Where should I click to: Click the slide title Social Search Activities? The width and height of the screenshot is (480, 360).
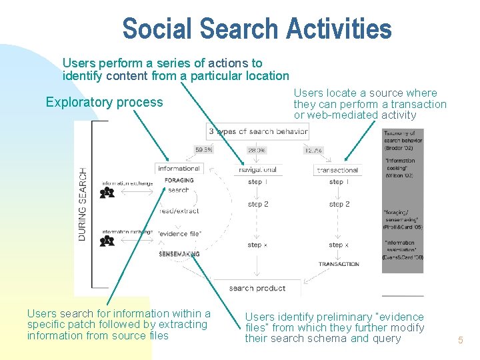[x=257, y=29]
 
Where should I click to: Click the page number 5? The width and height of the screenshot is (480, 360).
[x=460, y=341]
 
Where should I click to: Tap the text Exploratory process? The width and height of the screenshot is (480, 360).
[x=104, y=102]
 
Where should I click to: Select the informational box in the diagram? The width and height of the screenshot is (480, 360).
[x=179, y=169]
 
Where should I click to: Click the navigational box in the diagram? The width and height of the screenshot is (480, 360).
[x=257, y=169]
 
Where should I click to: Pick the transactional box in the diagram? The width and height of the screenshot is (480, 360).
[x=338, y=170]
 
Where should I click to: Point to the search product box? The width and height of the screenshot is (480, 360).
[x=257, y=288]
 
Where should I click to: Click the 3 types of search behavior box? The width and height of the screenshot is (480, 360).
[x=257, y=131]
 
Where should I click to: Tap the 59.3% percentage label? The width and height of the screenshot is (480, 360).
[x=204, y=150]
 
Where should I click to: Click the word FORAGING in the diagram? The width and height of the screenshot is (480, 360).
[x=179, y=180]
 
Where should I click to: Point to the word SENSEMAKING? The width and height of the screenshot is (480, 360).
[x=179, y=254]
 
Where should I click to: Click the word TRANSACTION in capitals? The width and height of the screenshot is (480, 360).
[x=339, y=264]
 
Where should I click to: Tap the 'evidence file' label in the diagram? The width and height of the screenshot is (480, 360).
[x=179, y=233]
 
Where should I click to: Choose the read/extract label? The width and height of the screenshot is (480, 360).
[x=179, y=211]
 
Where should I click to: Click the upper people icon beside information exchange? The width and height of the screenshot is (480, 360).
[x=107, y=193]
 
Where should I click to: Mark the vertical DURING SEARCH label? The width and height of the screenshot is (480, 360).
[x=83, y=203]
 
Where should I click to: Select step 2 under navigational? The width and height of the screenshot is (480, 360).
[x=257, y=204]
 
